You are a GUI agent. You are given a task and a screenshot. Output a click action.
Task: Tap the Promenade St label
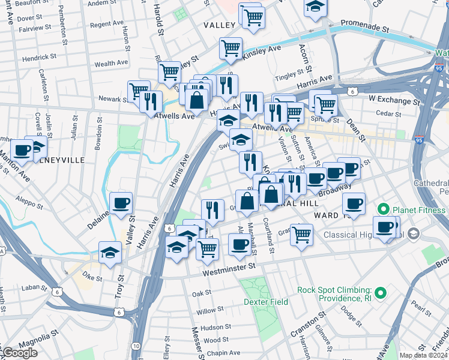(x=365, y=28)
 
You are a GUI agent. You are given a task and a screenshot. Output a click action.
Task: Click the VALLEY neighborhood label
(x=219, y=25)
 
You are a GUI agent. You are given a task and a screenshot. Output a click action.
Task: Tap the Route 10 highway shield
(x=136, y=346)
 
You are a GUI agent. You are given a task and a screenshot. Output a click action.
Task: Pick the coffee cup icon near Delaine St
(x=121, y=203)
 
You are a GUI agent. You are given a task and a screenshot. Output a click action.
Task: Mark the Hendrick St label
(x=40, y=58)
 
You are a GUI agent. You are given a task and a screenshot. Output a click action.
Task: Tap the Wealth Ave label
(x=112, y=63)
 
